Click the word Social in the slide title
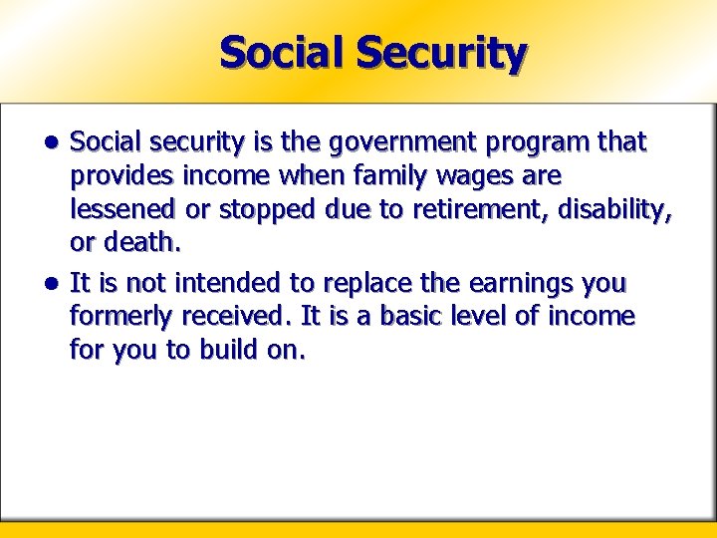pyautogui.click(x=282, y=52)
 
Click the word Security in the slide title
pyautogui.click(x=439, y=53)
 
